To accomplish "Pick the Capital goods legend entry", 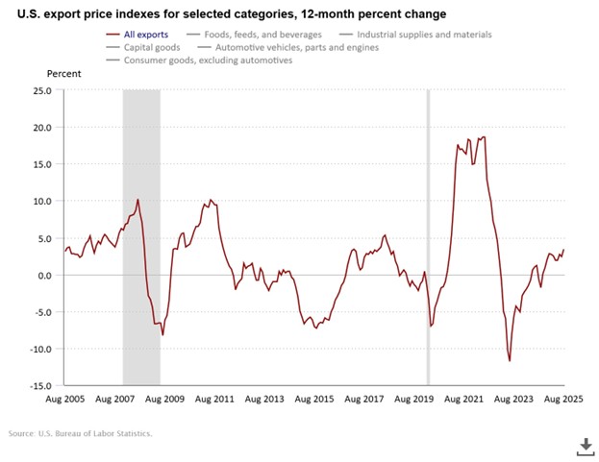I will [136, 47].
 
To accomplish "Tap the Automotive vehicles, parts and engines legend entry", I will [288, 47].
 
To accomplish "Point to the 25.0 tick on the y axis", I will [42, 91].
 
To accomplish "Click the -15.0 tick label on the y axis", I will [41, 386].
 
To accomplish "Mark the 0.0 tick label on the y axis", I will [46, 276].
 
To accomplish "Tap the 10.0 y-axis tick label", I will [44, 202].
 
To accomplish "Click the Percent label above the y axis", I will [64, 73].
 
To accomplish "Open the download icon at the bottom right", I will [583, 445].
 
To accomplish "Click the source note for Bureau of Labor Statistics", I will [83, 434].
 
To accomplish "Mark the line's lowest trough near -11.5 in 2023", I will [510, 360].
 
